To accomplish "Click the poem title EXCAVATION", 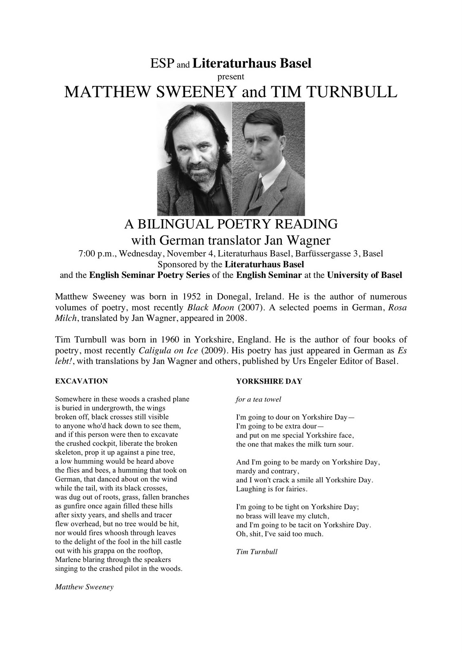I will [81, 381].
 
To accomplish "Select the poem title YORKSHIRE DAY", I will [269, 381].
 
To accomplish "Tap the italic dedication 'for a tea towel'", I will [259, 400].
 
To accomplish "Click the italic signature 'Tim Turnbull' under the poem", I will [257, 552].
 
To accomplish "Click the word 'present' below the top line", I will [231, 76].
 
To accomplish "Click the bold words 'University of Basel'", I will [364, 275].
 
